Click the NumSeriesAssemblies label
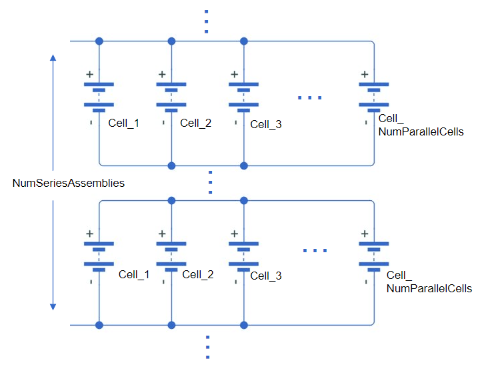click(69, 183)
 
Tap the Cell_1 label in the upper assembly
click(123, 123)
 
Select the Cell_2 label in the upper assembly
click(196, 123)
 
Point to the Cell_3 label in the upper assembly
click(266, 124)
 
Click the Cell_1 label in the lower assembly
click(134, 274)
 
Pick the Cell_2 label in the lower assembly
click(198, 274)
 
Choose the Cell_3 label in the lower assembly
click(266, 276)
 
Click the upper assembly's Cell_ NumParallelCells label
click(420, 125)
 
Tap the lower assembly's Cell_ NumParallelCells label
click(429, 282)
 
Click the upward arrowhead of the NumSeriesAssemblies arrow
click(53, 58)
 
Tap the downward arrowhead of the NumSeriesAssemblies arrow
click(53, 306)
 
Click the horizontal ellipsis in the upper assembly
click(310, 97)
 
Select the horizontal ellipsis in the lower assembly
click(315, 250)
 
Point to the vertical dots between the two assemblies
click(209, 181)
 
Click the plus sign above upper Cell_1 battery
click(89, 75)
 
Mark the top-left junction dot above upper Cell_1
click(99, 41)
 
